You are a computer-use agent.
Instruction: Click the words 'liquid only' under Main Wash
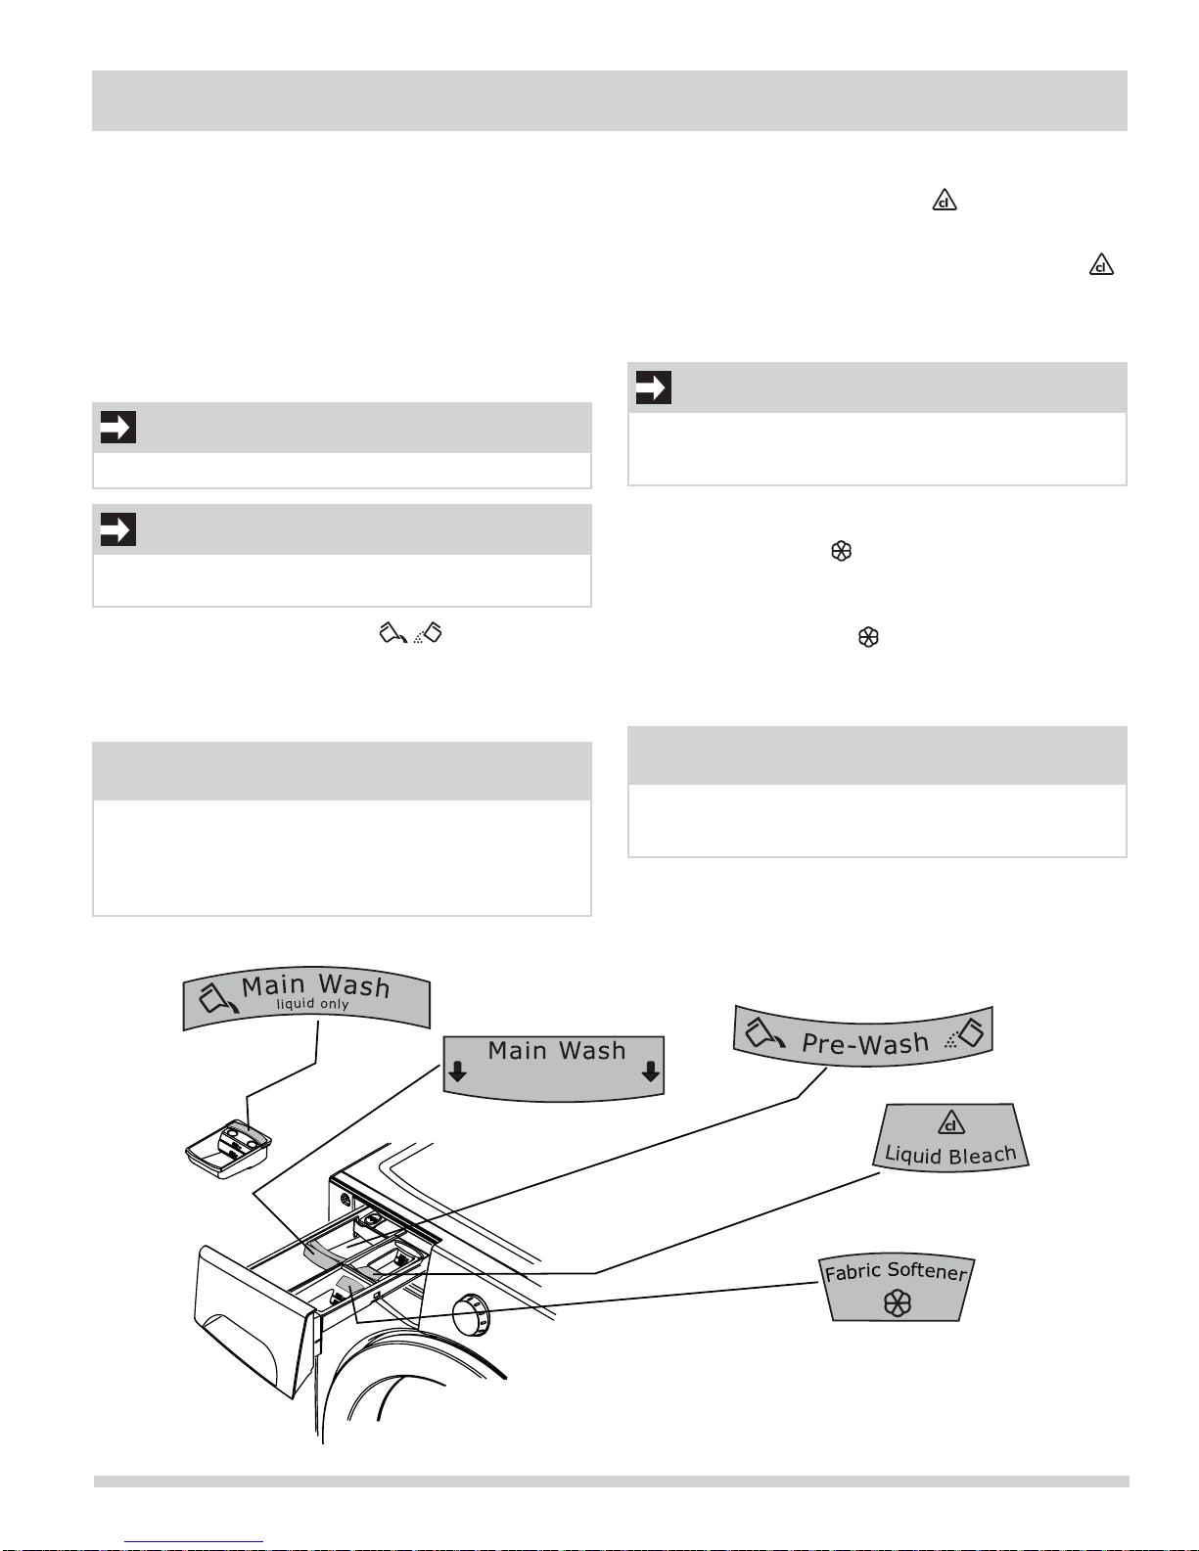312,1004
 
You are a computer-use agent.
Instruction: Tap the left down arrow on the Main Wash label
457,1072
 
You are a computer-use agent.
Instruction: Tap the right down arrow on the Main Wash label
650,1072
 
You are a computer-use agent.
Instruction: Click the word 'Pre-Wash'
865,1043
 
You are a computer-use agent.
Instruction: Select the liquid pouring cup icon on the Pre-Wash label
765,1033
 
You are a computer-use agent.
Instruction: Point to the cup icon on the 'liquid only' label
217,998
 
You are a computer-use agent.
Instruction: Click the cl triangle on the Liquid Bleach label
950,1122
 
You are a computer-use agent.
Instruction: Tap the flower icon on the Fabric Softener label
898,1303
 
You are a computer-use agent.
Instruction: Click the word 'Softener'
927,1270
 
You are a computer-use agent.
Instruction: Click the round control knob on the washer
471,1315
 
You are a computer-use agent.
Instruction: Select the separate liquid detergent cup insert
228,1149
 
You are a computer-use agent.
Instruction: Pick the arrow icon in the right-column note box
653,388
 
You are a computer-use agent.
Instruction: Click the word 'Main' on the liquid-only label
273,985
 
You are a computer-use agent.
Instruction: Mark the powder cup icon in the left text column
429,633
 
